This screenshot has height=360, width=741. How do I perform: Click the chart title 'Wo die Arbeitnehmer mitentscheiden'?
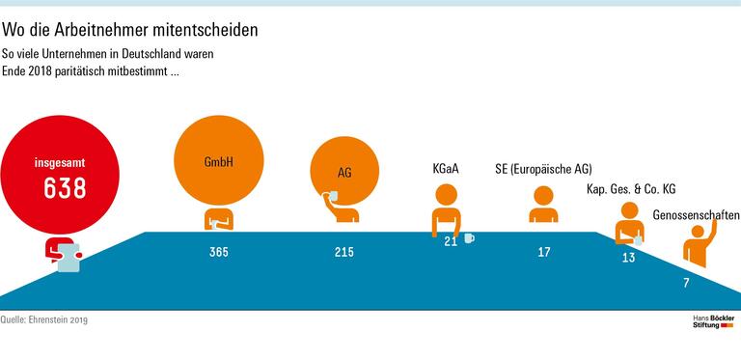pos(130,30)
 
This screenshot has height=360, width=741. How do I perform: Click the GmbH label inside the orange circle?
pos(219,162)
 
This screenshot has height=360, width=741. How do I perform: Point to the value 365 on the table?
pos(219,253)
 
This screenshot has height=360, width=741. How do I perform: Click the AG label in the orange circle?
pos(344,173)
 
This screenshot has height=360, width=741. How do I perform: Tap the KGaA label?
pos(445,168)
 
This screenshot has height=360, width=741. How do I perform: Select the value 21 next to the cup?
pos(450,241)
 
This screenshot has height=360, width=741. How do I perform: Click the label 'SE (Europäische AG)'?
pos(542,168)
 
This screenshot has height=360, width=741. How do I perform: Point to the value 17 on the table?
pos(544,253)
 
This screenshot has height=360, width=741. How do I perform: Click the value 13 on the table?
pos(629,258)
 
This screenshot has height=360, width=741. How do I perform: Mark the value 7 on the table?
pos(686,284)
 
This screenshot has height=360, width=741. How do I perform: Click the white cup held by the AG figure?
pos(332,197)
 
